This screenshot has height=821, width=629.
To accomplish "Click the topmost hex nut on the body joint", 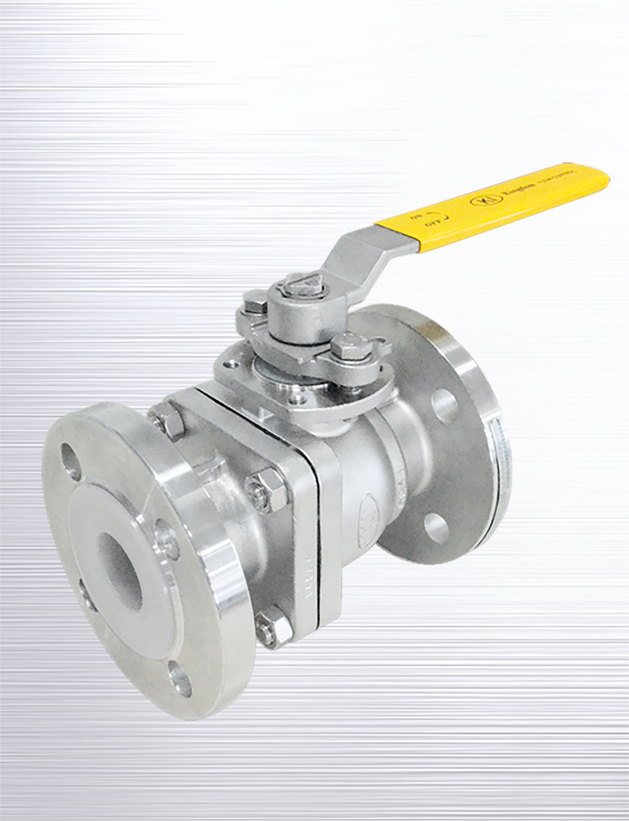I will click(169, 422).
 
